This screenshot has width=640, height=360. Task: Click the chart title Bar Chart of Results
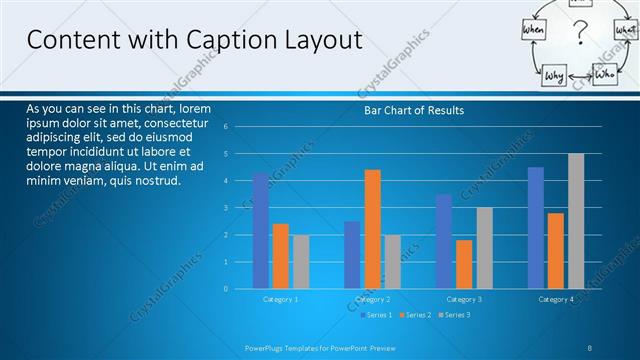[413, 110]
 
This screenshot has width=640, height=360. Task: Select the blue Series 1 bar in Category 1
[261, 231]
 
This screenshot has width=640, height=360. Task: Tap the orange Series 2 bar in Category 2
[372, 229]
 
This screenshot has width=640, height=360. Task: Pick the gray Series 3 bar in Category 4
[576, 221]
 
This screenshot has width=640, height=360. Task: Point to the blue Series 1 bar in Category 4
[536, 228]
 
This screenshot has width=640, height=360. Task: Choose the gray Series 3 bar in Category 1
[301, 262]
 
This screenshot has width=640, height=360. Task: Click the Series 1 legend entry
[376, 315]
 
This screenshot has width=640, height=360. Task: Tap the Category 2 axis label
[372, 299]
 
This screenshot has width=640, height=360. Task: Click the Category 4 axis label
[556, 299]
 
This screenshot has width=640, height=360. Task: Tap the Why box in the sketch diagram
[554, 76]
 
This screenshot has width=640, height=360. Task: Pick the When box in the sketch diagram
[533, 32]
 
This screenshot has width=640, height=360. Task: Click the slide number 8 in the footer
[590, 348]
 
